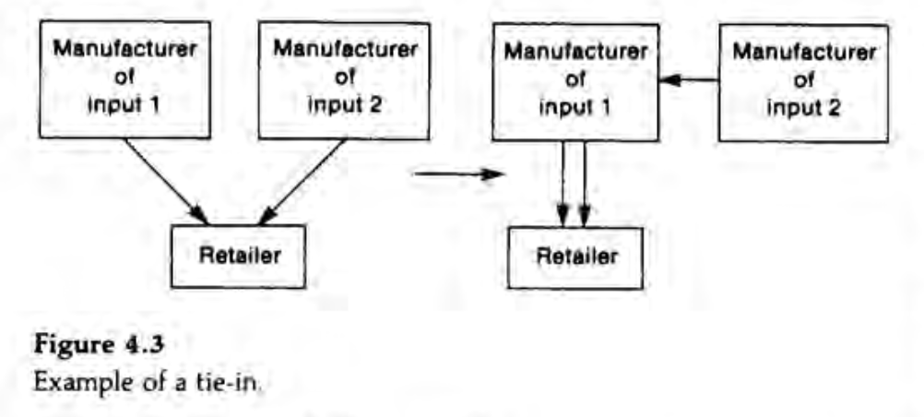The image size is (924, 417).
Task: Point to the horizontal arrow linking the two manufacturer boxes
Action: pyautogui.click(x=692, y=80)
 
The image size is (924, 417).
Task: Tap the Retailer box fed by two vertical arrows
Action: pyautogui.click(x=577, y=256)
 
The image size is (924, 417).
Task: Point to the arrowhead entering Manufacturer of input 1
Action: pyautogui.click(x=670, y=80)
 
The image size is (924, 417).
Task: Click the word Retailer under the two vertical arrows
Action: pyautogui.click(x=577, y=256)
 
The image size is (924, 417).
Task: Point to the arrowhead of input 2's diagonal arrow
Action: pyautogui.click(x=266, y=217)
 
